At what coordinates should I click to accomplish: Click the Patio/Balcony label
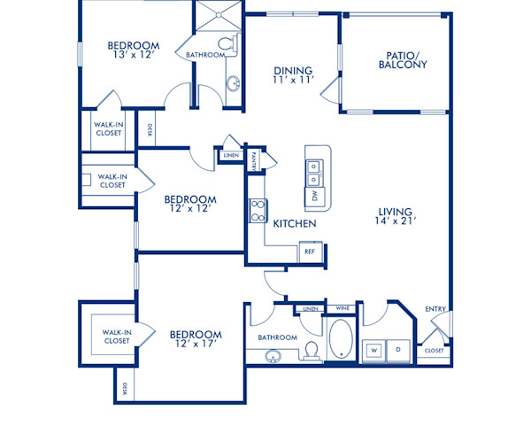[403, 59]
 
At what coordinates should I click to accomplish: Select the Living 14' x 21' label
[395, 217]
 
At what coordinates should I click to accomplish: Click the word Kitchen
[295, 224]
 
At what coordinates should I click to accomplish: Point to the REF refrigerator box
[310, 252]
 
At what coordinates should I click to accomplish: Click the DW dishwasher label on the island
[313, 197]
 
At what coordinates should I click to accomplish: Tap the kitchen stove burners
[258, 209]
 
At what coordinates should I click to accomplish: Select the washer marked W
[373, 349]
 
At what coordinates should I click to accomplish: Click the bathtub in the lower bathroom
[340, 339]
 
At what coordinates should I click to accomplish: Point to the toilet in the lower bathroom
[311, 350]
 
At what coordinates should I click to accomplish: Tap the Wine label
[341, 308]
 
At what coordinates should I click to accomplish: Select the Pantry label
[253, 161]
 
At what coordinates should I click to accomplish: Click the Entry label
[435, 309]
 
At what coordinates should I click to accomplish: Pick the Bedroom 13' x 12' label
[134, 51]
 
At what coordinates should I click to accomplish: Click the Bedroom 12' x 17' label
[196, 340]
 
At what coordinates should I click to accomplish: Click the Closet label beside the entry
[434, 351]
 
